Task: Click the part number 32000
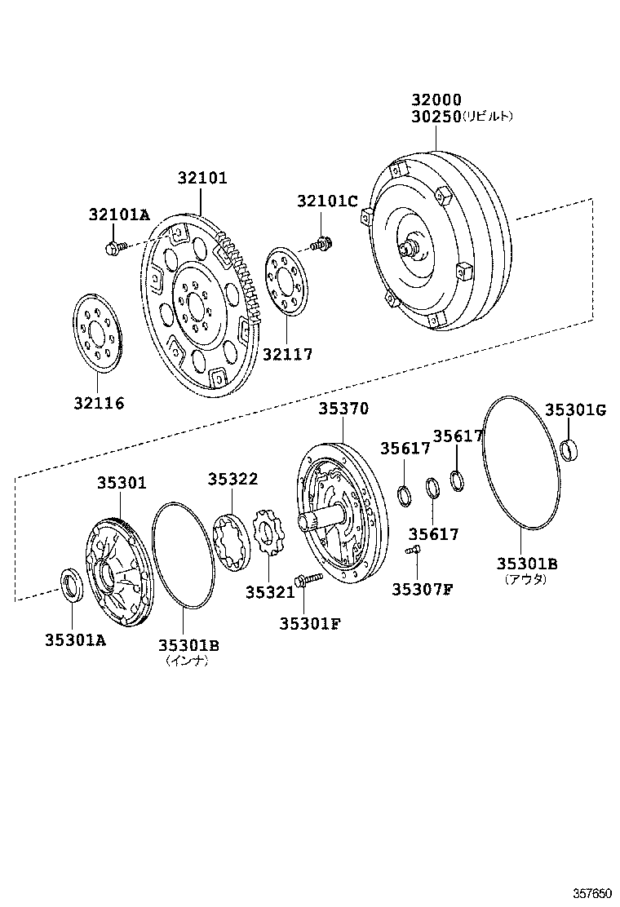[x=436, y=100]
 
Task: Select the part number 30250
[x=436, y=117]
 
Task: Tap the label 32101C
[x=327, y=201]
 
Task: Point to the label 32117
[x=287, y=355]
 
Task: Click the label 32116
[x=100, y=403]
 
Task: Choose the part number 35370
[x=343, y=409]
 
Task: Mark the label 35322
[x=232, y=480]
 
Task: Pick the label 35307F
[x=421, y=590]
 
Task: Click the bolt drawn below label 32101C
[x=321, y=242]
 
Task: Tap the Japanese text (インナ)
[x=188, y=661]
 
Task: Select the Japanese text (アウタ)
[x=525, y=579]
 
